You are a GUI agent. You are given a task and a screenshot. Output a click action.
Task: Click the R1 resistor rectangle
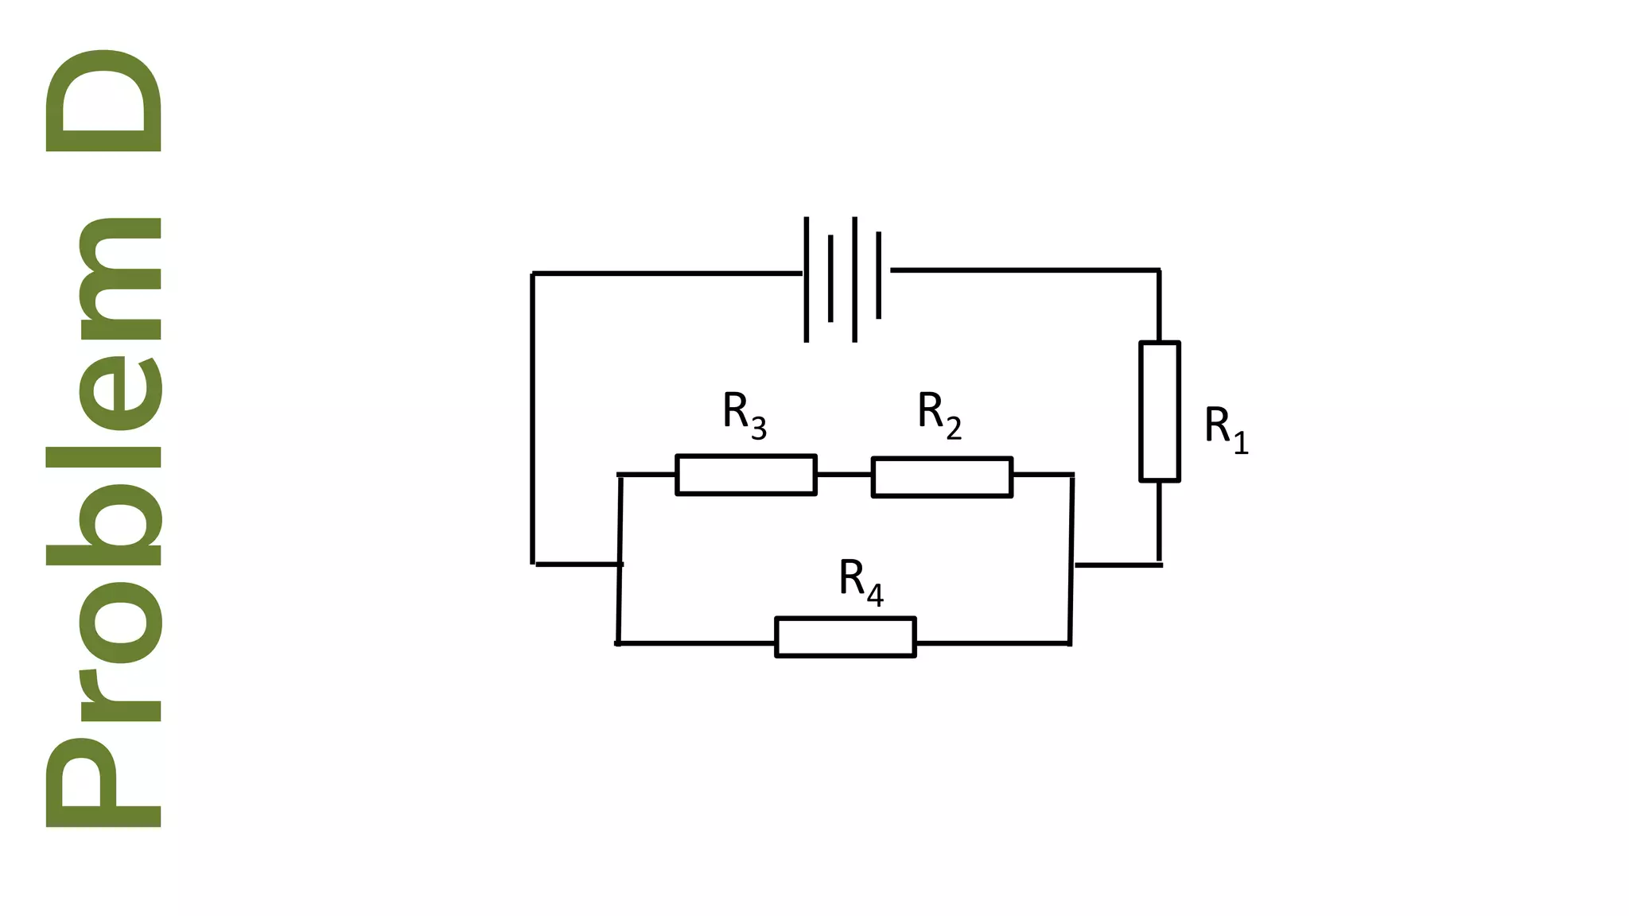[x=1159, y=411]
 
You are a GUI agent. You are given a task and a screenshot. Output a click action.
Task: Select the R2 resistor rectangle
[x=942, y=477]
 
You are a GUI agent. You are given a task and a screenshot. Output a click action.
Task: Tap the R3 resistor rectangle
[x=745, y=475]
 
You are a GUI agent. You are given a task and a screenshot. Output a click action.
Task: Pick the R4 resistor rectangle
[x=845, y=637]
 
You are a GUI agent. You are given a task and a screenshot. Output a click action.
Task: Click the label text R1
[x=1226, y=429]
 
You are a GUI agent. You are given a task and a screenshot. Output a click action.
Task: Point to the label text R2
[x=939, y=414]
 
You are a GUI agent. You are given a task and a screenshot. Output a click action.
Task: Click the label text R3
[x=744, y=414]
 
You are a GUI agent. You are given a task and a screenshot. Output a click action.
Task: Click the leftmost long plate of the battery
[x=807, y=279]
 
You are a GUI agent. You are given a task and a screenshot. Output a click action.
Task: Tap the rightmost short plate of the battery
[x=879, y=275]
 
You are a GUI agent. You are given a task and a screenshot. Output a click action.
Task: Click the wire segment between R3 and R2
[x=844, y=475]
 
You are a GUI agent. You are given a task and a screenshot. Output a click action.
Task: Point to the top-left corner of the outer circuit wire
[x=533, y=274]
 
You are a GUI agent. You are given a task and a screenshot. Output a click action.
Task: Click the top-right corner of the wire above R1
[x=1158, y=271]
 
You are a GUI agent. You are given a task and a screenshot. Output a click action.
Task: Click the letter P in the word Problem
[x=103, y=783]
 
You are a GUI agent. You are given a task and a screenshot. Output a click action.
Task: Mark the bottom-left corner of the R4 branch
[x=618, y=642]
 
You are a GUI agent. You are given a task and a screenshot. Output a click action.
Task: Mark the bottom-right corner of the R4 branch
[x=1069, y=642]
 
